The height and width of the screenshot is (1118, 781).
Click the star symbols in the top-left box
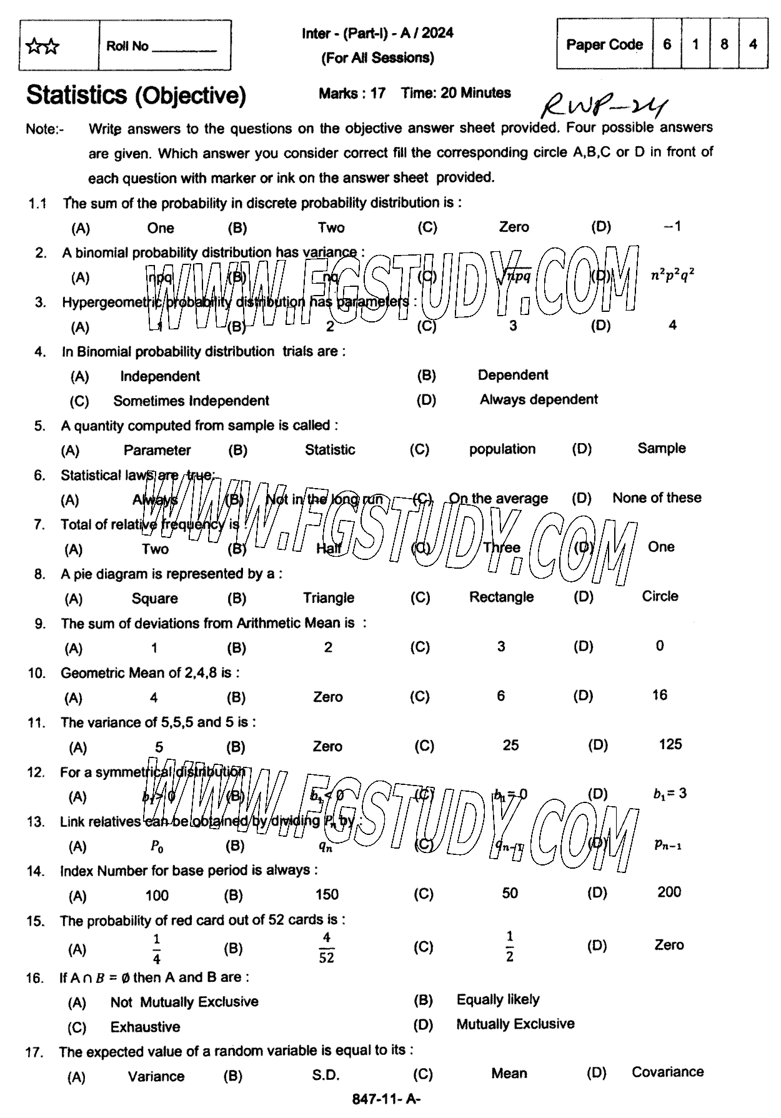[42, 46]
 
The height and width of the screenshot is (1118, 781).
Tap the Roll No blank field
[185, 47]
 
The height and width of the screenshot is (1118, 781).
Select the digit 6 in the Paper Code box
[667, 44]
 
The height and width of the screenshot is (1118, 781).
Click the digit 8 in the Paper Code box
[724, 44]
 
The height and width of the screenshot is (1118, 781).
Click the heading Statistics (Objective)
[136, 95]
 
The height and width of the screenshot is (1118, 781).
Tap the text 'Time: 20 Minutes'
[456, 93]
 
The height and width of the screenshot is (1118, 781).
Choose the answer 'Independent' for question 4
[160, 376]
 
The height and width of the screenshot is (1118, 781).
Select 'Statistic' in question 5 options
[330, 450]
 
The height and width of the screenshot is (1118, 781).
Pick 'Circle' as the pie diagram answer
[660, 596]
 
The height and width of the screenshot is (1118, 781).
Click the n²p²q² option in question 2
[673, 275]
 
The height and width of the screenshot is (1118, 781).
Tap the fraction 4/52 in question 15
[326, 947]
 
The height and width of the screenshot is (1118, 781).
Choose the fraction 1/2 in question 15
[510, 946]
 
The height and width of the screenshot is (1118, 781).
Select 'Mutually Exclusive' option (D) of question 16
[515, 1024]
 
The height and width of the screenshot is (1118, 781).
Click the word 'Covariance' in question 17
[667, 1072]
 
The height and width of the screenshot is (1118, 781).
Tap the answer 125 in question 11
[670, 744]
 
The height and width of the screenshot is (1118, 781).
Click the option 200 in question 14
[669, 892]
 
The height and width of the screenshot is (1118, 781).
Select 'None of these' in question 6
[657, 498]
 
